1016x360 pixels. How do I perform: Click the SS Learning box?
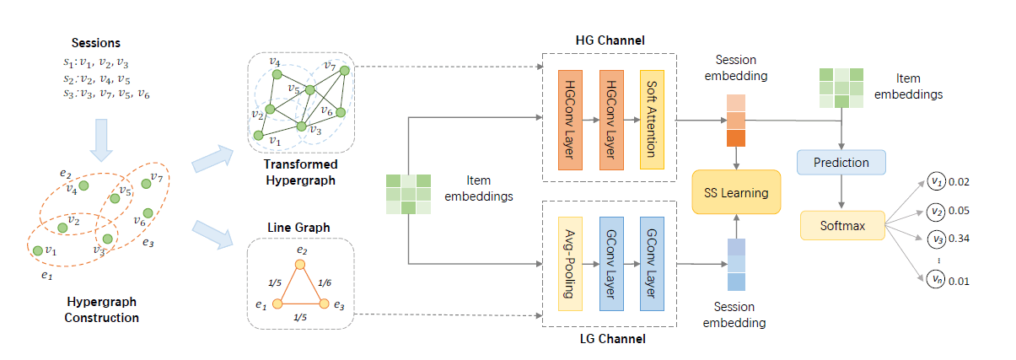[x=736, y=193]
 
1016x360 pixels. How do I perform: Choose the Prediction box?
[x=841, y=163]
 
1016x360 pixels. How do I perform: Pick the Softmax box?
[x=841, y=226]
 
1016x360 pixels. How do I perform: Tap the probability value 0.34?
[x=959, y=239]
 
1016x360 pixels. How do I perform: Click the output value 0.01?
[x=959, y=280]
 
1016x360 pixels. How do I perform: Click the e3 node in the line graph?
[x=324, y=303]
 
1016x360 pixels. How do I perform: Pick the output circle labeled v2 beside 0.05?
[x=935, y=211]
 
